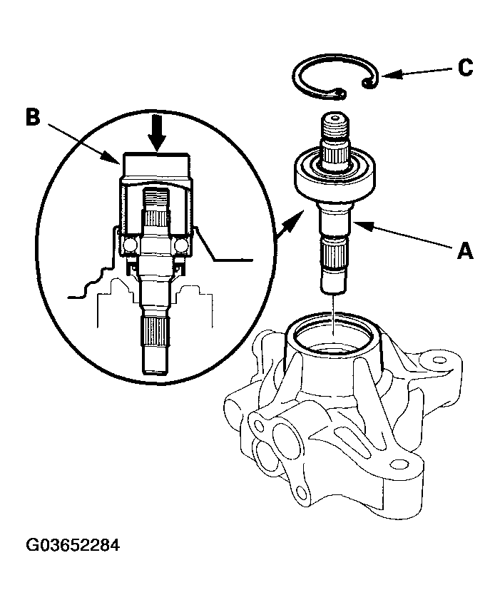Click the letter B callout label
click(32, 118)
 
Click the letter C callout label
click(464, 68)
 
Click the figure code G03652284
click(73, 546)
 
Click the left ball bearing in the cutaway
click(129, 245)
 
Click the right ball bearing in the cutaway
click(181, 245)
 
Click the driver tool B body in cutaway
click(156, 171)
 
